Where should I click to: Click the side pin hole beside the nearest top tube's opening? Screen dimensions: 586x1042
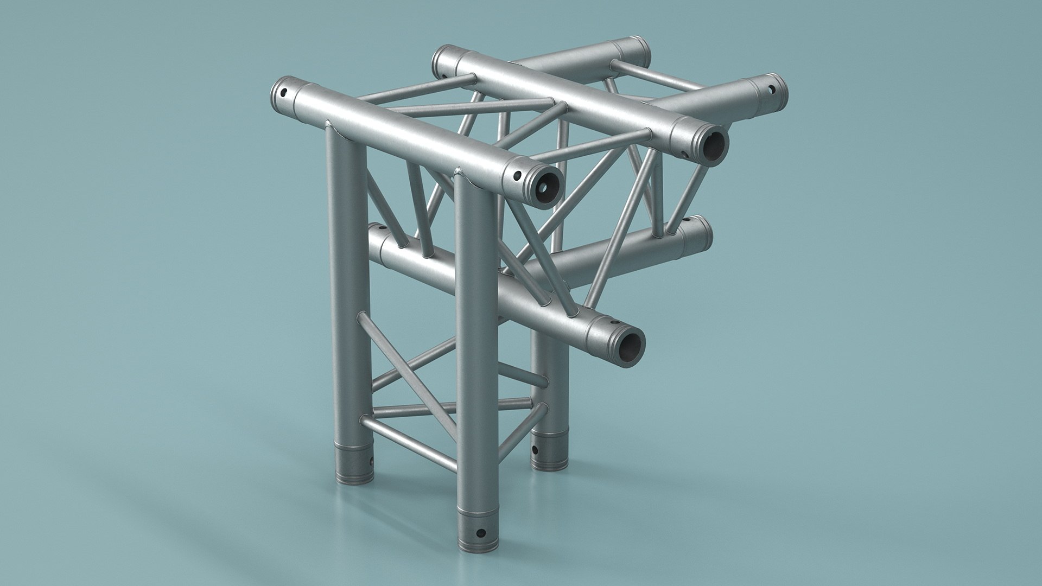point(518,176)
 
